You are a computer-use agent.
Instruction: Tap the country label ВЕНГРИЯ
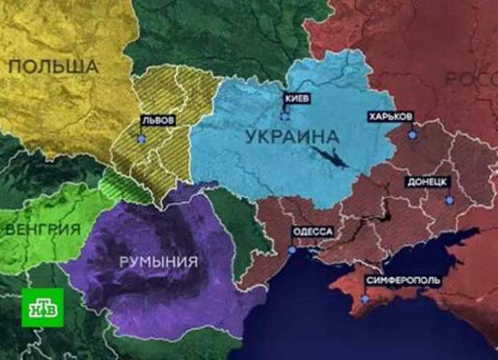pos(42,228)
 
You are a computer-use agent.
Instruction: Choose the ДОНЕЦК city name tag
pos(427,182)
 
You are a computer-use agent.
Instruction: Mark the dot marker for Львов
pos(141,137)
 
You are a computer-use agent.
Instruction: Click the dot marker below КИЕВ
pos(284,117)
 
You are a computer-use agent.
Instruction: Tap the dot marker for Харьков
pos(412,135)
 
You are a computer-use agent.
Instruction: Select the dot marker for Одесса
pos(292,250)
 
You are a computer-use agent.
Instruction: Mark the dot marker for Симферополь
pos(365,299)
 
